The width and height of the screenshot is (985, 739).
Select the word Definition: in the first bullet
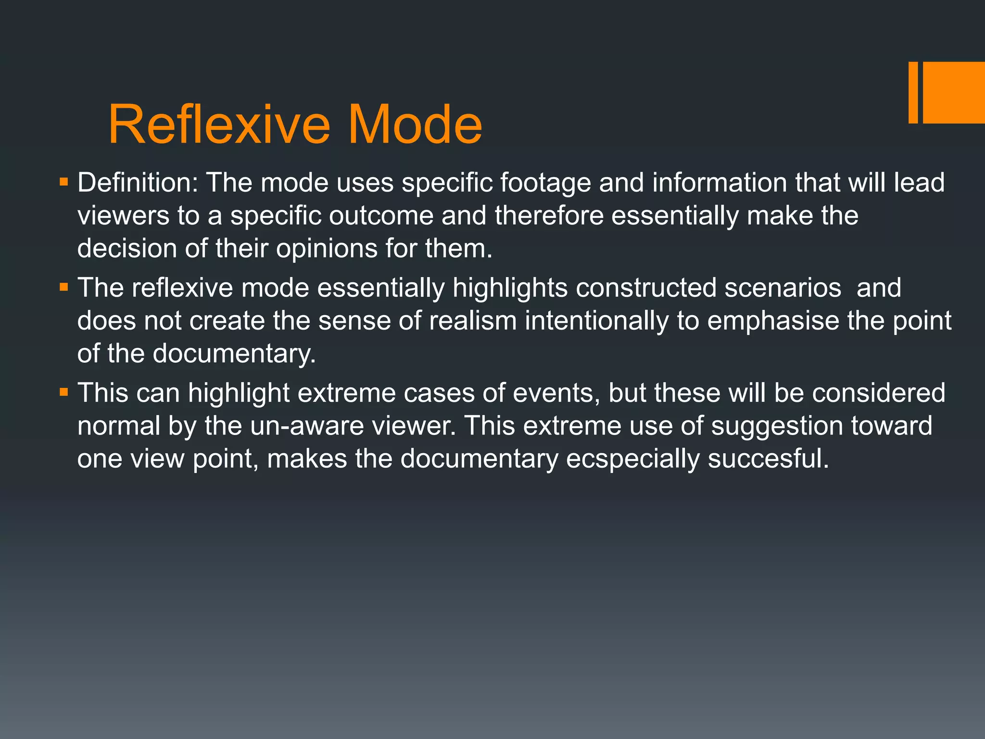138,183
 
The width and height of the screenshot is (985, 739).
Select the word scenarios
783,288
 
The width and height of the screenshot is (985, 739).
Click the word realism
472,321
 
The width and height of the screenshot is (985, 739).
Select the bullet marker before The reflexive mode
64,288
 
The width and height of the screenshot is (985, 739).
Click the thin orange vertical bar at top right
913,92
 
